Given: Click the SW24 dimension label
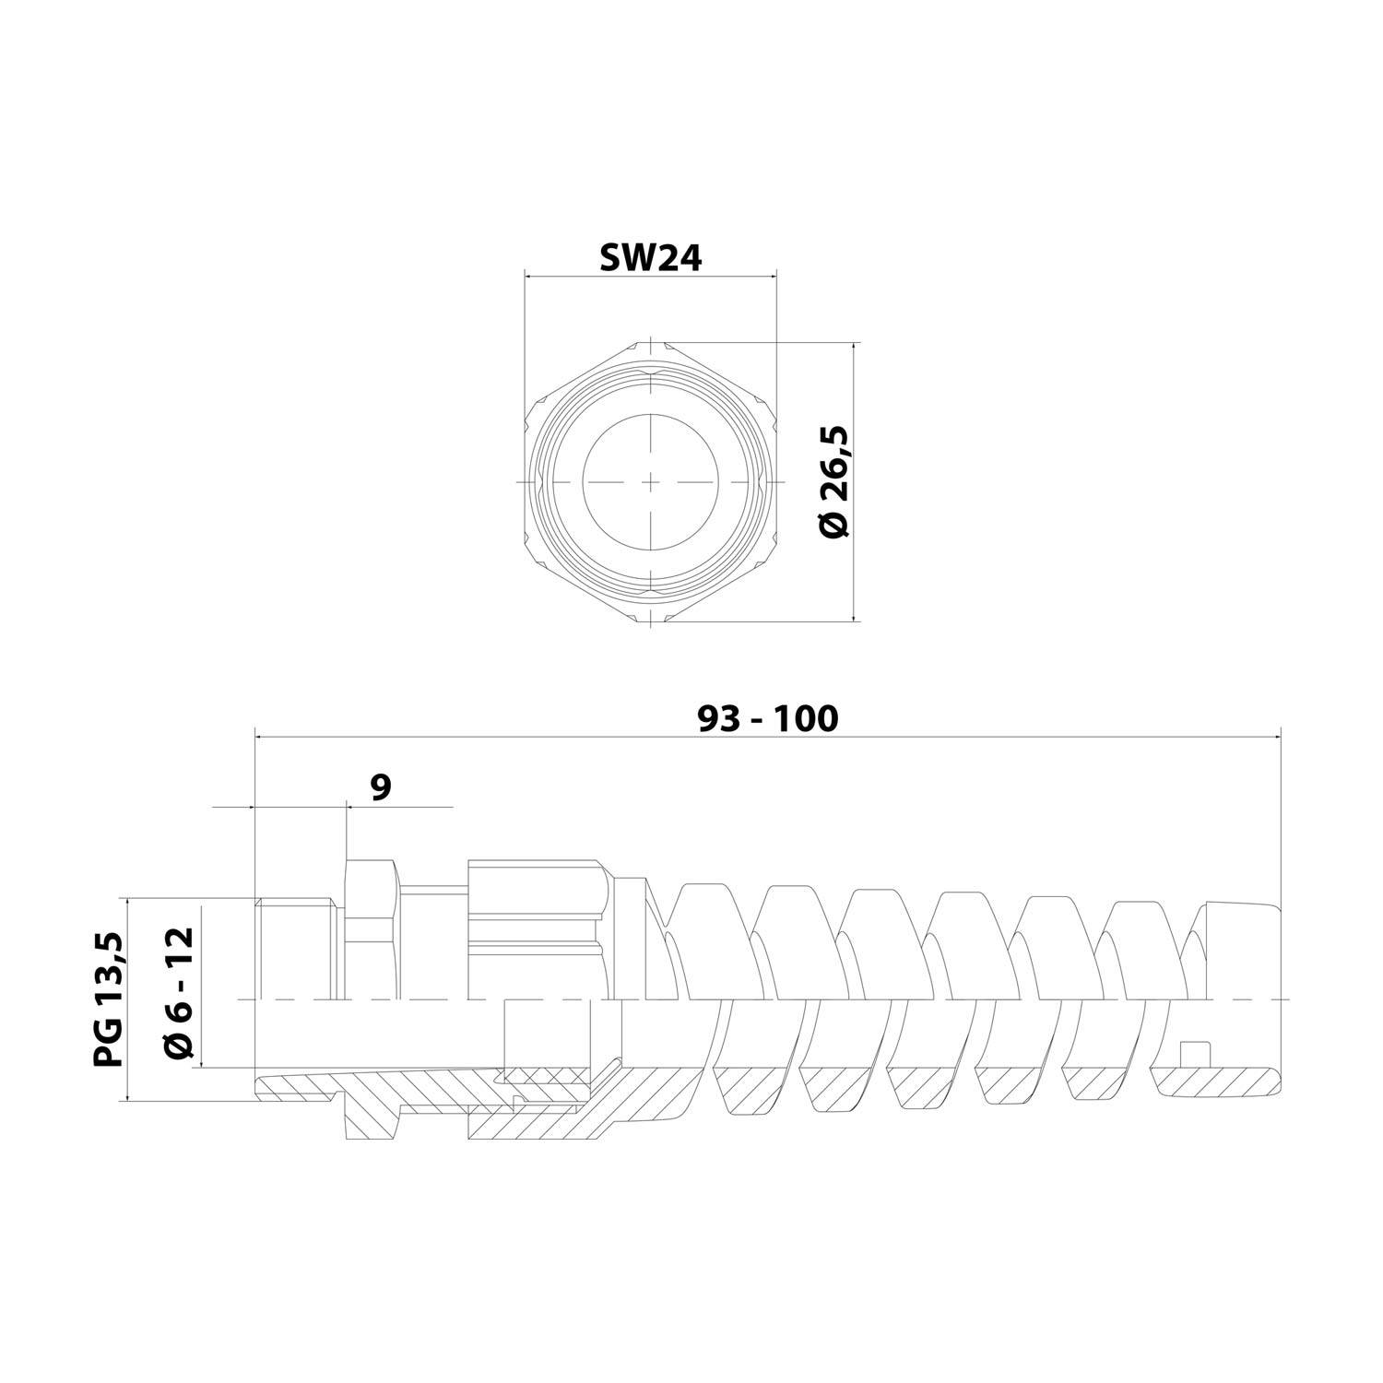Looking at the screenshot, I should [651, 259].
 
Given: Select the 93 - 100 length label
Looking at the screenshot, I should [767, 718].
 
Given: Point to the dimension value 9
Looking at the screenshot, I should [380, 786].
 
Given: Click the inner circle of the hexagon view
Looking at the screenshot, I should [651, 482].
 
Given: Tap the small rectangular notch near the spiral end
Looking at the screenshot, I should [1195, 1055].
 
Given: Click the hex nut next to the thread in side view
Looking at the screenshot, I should [371, 931].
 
